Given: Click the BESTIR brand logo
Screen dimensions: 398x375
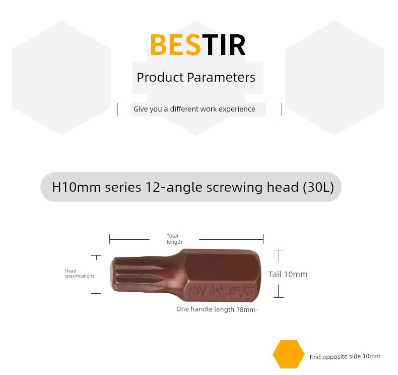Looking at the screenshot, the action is click(x=198, y=45).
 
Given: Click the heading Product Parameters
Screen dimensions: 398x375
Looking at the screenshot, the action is click(x=195, y=77).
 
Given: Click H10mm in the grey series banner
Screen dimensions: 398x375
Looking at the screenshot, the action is click(x=77, y=187).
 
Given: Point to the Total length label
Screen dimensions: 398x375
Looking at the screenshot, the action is click(x=174, y=239).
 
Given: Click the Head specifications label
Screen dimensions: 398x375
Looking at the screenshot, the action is click(x=80, y=274).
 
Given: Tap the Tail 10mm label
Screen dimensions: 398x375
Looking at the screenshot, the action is click(x=288, y=275).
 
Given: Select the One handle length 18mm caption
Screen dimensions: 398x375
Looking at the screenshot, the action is click(x=217, y=309).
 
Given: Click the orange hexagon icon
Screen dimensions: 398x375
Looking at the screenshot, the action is click(x=289, y=354).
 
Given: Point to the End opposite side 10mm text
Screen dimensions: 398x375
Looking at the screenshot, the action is click(x=345, y=357).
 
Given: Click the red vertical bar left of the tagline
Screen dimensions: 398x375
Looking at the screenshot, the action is click(x=117, y=109).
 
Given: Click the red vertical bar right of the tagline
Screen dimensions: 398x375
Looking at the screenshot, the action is click(x=282, y=109).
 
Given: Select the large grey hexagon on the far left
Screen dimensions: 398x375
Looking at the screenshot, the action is click(x=61, y=78).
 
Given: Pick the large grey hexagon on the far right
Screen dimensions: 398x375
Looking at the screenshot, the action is click(x=335, y=78).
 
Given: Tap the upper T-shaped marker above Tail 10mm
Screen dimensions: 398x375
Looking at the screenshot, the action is click(x=279, y=256).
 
